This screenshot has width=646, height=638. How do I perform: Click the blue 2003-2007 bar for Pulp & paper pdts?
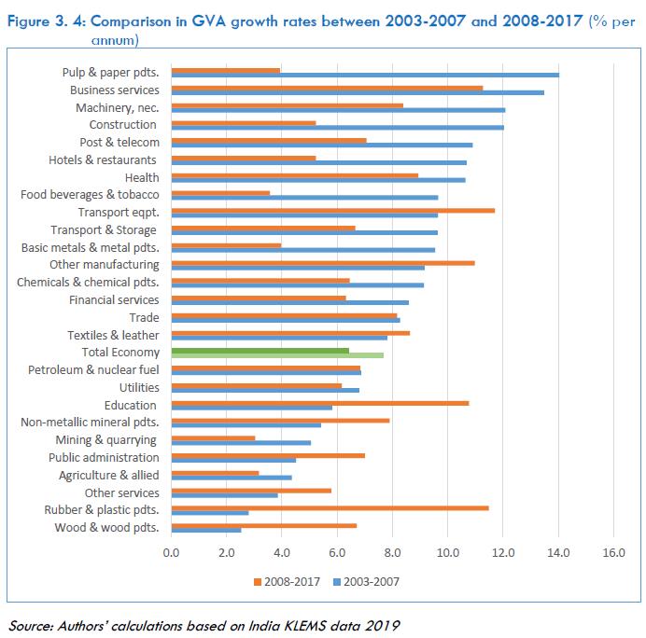pos(365,75)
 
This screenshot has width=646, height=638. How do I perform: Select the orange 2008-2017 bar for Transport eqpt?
pos(333,210)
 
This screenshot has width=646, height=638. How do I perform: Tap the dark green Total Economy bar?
pos(260,350)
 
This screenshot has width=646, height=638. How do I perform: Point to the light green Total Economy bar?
pos(277,355)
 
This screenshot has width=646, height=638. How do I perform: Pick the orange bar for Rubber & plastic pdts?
pos(330,507)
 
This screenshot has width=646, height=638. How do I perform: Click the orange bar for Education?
pos(320,402)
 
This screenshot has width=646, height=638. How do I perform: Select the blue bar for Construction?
pos(337,127)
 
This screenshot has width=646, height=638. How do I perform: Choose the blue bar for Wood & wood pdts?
pos(206,531)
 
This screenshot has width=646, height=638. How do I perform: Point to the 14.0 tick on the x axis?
pos(558,554)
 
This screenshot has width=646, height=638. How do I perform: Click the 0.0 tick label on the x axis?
pos(172,554)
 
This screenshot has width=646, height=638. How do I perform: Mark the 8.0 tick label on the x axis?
pos(393,554)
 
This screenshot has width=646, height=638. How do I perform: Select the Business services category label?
pos(115,90)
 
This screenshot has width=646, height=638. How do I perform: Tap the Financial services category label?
pos(114,300)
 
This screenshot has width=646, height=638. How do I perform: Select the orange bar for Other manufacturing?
pos(323,262)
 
